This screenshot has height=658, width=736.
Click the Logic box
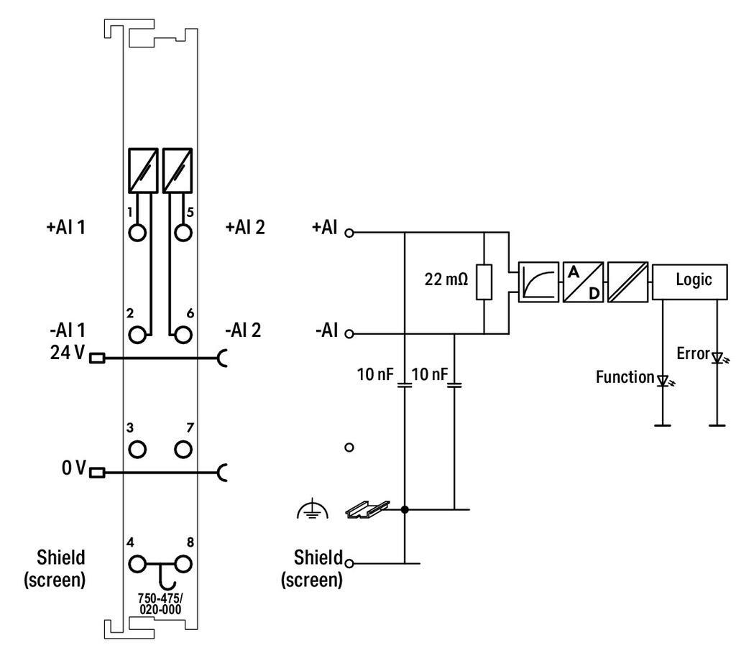coord(693,281)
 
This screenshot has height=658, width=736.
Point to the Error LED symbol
coord(717,357)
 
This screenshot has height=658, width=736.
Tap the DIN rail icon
coord(367,509)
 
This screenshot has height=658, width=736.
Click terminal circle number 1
coord(138,233)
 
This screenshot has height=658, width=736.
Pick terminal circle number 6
coord(183,334)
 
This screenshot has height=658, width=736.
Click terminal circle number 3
coord(138,450)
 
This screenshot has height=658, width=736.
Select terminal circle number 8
coord(183,563)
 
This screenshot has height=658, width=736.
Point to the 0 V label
coord(72,470)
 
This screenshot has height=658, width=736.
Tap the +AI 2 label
coord(244,228)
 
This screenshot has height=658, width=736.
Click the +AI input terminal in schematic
coord(350,233)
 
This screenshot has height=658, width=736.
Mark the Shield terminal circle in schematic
coord(350,563)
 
